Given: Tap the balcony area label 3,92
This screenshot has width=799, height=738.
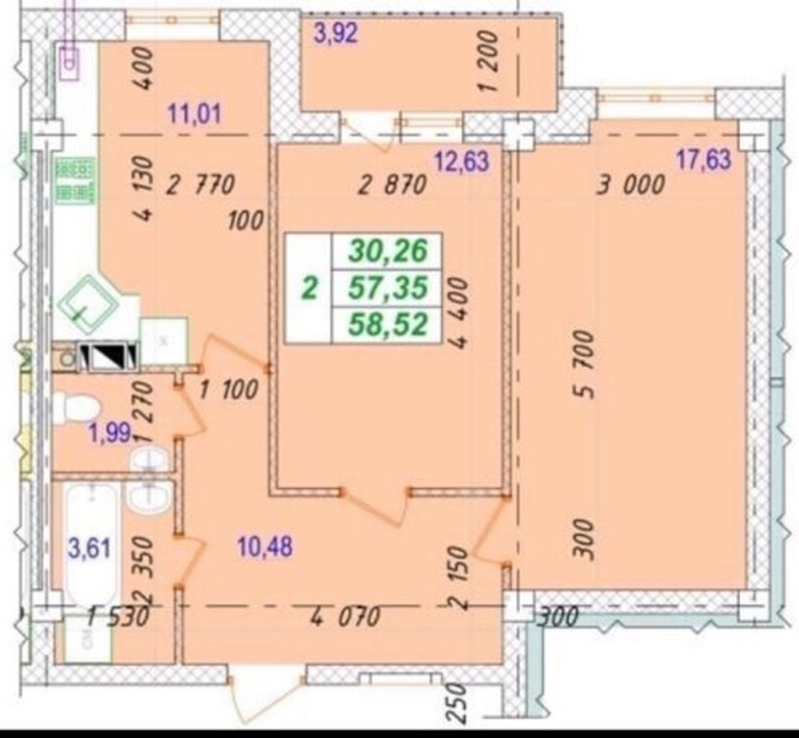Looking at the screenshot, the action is click(336, 33).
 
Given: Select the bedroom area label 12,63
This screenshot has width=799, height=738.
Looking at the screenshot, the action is click(461, 161).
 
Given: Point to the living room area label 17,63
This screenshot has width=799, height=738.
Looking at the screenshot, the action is click(703, 160).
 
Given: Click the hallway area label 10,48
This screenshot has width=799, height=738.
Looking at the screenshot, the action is click(265, 547).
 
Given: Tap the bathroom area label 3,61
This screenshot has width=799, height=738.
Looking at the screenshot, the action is click(89, 549).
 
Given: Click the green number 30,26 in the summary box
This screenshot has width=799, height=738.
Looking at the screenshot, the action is click(388, 251).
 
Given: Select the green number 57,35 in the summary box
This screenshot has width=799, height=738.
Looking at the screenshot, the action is click(388, 288).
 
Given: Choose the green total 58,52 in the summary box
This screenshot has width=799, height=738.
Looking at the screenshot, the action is click(388, 325).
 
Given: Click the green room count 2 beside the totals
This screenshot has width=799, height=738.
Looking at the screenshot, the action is click(310, 289).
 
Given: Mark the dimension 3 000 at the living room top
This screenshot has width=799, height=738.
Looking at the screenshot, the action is click(631, 184).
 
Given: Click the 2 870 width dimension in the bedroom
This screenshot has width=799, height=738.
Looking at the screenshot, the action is click(392, 184).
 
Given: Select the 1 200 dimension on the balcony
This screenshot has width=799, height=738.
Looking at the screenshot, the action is click(488, 60).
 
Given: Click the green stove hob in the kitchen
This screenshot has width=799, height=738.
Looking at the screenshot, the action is click(76, 181).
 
